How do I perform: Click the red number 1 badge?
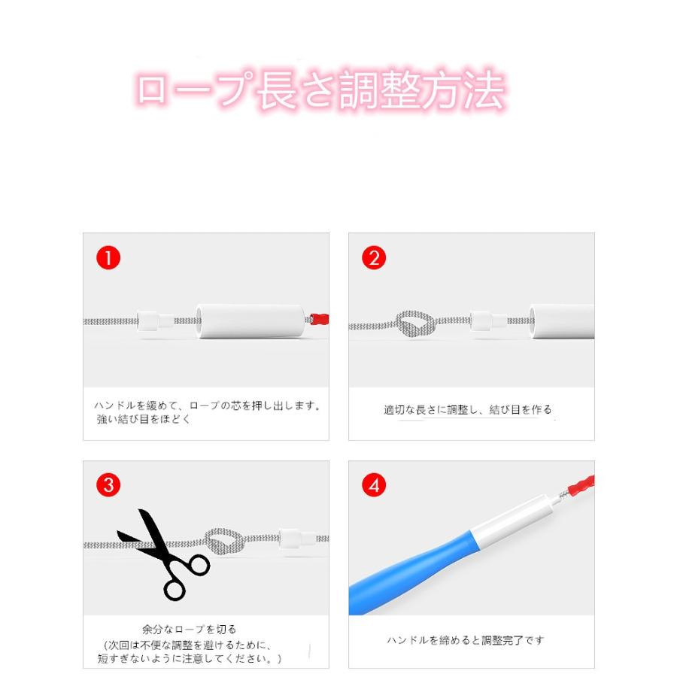(x=108, y=258)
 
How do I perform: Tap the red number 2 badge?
(x=374, y=258)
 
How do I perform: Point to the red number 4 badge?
(x=374, y=485)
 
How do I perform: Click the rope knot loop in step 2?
(x=414, y=324)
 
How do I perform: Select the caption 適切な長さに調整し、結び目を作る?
(x=468, y=410)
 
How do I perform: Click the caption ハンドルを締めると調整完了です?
(x=466, y=640)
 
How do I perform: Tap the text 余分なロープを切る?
(x=189, y=629)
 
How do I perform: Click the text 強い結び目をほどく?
(x=144, y=419)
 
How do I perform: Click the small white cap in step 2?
(x=482, y=322)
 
